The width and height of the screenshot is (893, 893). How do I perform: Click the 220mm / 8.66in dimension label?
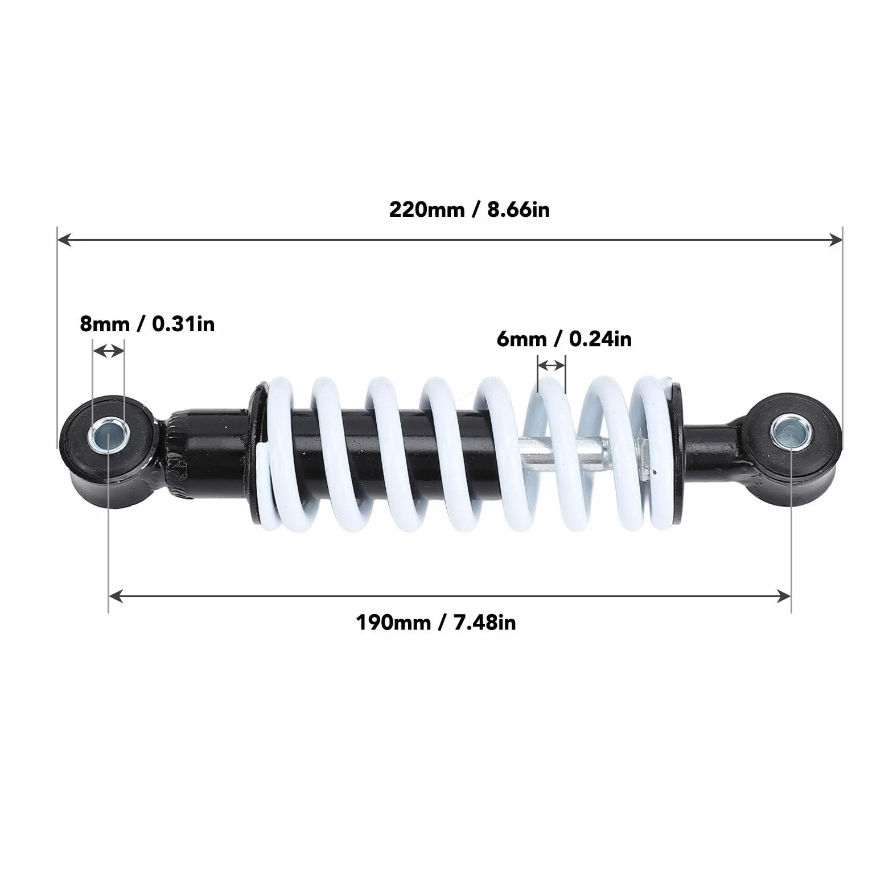470,209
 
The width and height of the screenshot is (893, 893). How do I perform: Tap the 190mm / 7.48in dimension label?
436,622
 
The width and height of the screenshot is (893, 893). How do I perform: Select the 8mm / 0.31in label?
147,324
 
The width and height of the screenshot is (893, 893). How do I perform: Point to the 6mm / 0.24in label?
564,339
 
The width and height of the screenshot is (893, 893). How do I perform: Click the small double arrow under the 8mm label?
108,351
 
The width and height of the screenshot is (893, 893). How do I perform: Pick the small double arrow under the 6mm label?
552,364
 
